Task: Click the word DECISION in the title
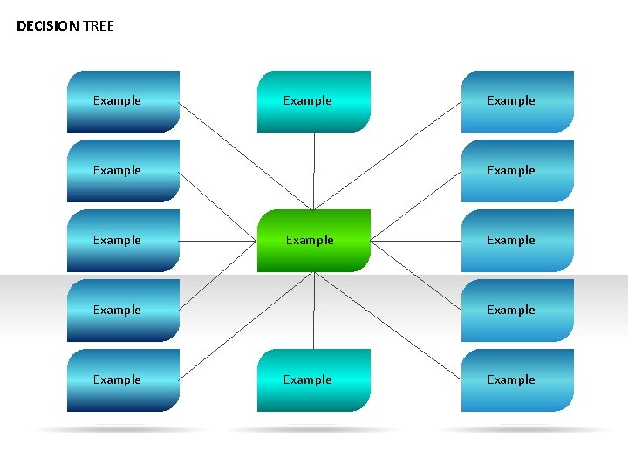(x=48, y=26)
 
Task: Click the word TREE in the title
(x=99, y=26)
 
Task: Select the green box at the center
(x=313, y=240)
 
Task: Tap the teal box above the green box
(x=313, y=100)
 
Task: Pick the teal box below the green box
(x=313, y=379)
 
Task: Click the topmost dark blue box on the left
(x=123, y=100)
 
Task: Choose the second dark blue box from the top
(x=123, y=170)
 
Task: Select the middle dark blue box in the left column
(x=123, y=240)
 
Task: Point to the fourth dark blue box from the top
(x=123, y=310)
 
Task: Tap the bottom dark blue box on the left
(x=123, y=379)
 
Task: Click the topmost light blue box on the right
(x=517, y=100)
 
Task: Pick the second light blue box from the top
(x=517, y=170)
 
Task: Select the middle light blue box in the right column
(x=517, y=240)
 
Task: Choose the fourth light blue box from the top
(x=517, y=310)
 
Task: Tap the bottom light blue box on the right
(x=517, y=379)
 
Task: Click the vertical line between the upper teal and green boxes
(x=314, y=170)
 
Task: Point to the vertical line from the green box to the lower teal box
(x=314, y=310)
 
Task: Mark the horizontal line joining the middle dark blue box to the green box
(x=218, y=240)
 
